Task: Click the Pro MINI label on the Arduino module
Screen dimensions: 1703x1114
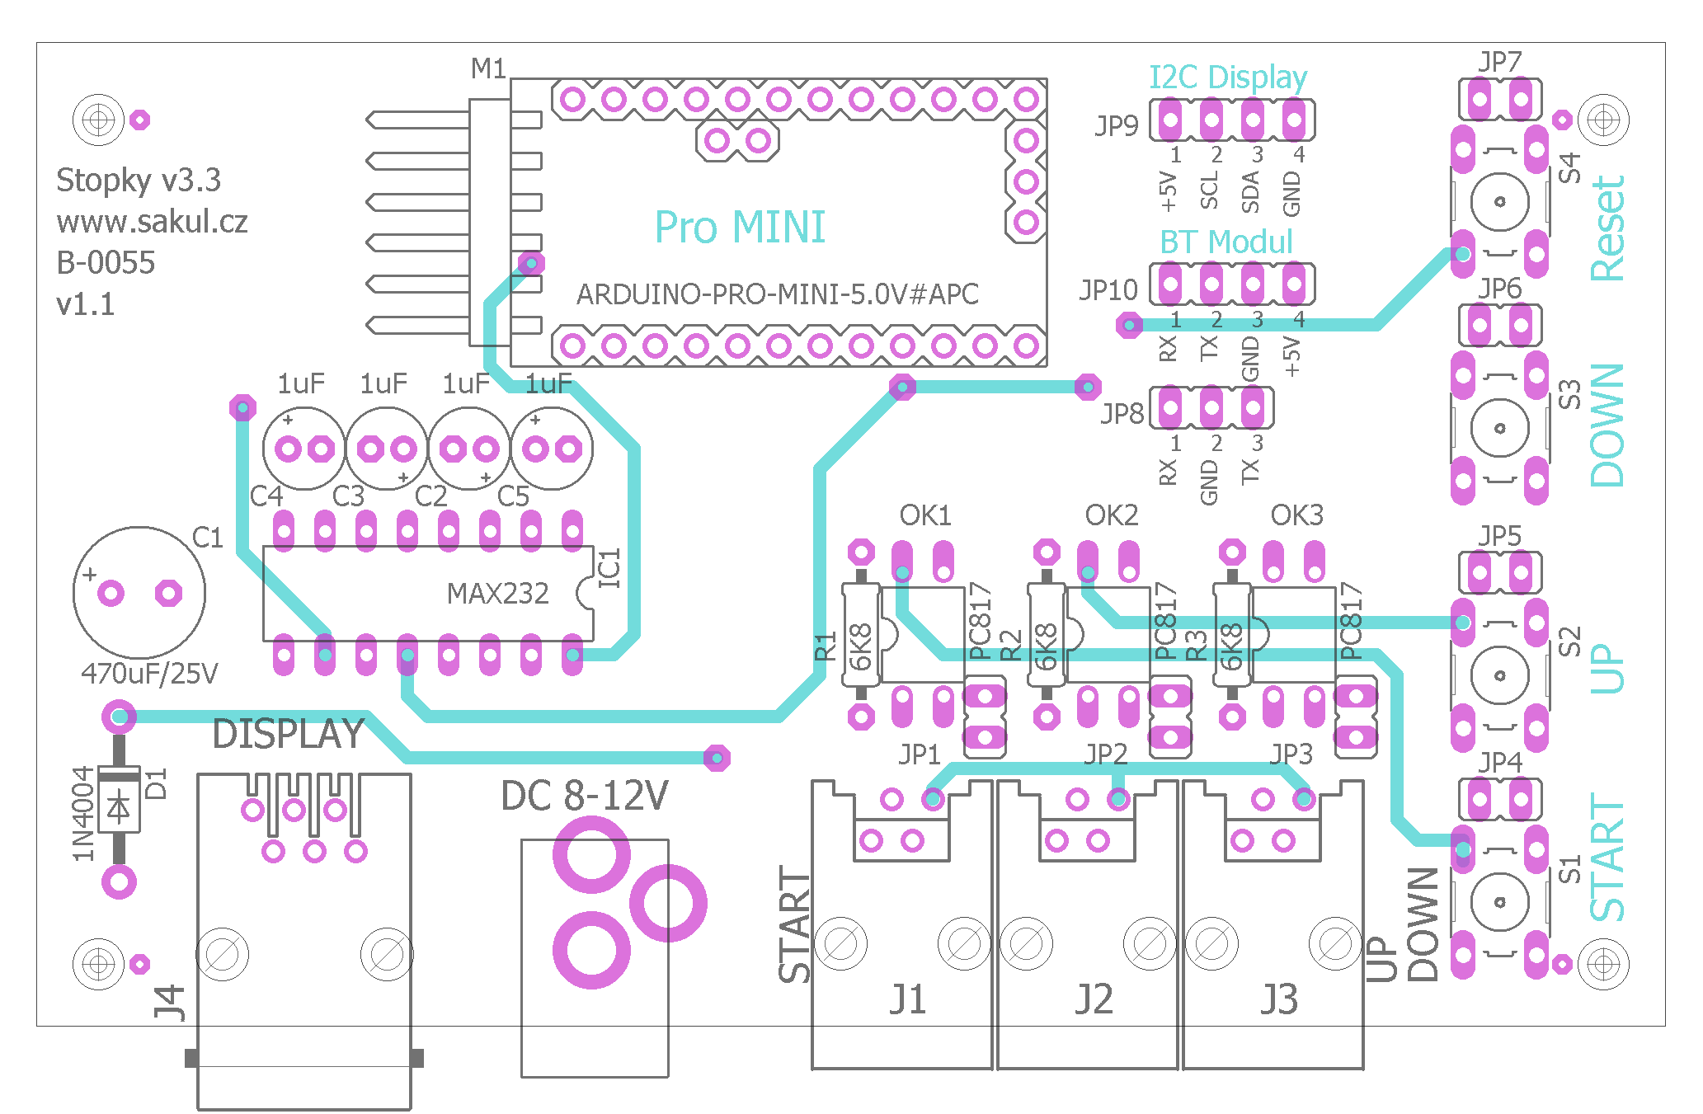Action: click(x=740, y=228)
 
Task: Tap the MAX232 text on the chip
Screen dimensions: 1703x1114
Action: click(x=497, y=593)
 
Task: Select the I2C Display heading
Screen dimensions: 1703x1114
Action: click(x=1228, y=78)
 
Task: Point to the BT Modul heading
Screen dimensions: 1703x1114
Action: click(x=1226, y=242)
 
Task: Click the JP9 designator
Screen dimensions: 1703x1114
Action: click(x=1117, y=125)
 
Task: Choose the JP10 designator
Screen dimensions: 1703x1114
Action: click(x=1108, y=290)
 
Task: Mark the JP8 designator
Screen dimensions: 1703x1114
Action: click(x=1122, y=413)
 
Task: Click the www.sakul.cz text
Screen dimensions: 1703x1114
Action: click(x=152, y=222)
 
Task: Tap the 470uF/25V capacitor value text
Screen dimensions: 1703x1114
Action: click(x=149, y=674)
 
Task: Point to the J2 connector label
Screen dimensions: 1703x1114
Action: click(x=1094, y=999)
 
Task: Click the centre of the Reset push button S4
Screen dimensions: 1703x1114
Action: click(x=1499, y=202)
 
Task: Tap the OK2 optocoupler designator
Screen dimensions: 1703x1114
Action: click(x=1111, y=515)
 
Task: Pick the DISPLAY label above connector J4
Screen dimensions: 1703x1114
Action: click(x=288, y=734)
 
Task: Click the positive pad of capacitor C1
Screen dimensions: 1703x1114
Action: click(x=111, y=593)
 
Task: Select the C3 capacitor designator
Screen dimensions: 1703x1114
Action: click(x=348, y=496)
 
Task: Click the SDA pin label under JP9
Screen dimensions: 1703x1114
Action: click(x=1250, y=191)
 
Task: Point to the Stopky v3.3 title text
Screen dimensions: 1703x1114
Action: click(x=139, y=181)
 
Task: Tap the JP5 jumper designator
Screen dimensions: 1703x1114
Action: click(x=1499, y=536)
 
